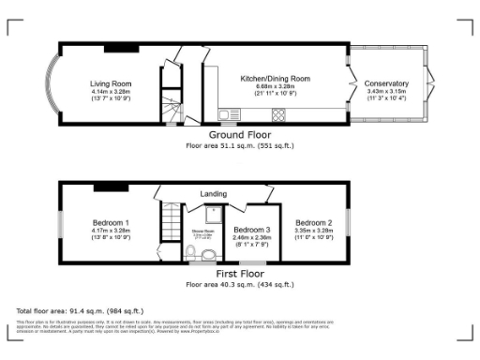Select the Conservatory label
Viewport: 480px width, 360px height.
386,83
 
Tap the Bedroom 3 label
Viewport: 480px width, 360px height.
252,230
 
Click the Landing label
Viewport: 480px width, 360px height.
214,194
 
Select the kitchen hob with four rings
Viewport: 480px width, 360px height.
278,115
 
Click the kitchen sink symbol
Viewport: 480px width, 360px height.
225,115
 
